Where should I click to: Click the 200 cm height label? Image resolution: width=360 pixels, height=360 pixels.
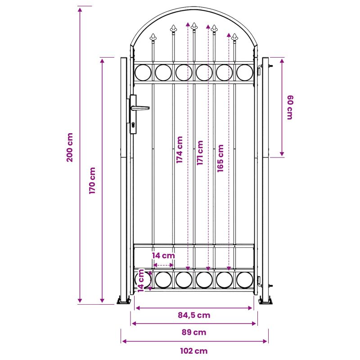pos(70,148)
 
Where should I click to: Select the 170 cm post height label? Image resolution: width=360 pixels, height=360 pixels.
pos(92,180)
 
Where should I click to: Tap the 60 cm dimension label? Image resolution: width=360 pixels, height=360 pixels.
pos(290,107)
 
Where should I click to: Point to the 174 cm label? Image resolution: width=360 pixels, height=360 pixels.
pos(179,150)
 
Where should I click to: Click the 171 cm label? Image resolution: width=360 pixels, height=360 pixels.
pos(200,153)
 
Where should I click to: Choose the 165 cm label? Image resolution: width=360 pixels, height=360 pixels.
pos(220,158)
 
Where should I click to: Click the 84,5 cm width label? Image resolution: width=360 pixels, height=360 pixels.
pos(194,315)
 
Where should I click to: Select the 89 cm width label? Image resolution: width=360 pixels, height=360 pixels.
pos(194,332)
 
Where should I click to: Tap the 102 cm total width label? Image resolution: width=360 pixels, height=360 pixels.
pos(194,351)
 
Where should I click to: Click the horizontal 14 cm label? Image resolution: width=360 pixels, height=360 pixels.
pos(163,256)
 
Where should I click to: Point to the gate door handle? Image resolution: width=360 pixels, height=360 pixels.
pos(140,108)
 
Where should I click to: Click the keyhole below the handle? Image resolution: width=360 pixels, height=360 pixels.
pos(133,125)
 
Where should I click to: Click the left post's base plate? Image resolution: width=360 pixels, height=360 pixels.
pos(124,300)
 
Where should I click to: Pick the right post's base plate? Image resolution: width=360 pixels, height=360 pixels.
pos(265,300)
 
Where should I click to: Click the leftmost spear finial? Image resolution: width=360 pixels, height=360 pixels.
pos(153,37)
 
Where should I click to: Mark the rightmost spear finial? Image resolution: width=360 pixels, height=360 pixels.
pos(234,37)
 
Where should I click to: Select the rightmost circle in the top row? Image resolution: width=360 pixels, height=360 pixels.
pos(245,72)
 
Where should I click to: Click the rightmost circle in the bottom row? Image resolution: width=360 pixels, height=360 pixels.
pos(245,280)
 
